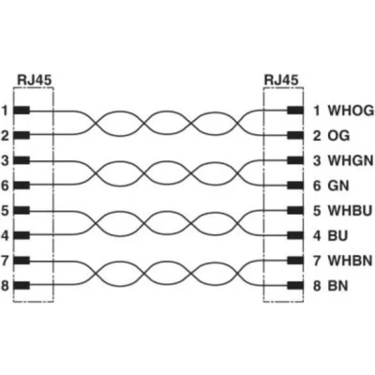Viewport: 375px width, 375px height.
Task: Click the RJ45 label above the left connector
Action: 34,80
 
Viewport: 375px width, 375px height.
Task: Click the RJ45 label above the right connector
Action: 281,80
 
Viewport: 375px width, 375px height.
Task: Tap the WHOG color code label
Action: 351,111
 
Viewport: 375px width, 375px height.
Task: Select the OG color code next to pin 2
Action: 338,136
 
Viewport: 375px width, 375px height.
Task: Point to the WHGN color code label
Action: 351,160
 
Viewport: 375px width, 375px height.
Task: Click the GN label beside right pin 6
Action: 338,186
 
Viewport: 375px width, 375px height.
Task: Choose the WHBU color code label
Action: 350,211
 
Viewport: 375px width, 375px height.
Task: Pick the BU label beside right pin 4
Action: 337,235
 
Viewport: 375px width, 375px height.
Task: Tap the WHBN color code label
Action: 350,261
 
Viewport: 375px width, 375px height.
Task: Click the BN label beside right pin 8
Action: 337,286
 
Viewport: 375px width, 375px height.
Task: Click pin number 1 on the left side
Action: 5,111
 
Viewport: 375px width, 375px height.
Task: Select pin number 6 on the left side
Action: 5,186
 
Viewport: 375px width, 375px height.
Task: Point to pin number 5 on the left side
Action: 5,211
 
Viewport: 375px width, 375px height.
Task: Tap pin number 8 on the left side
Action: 5,286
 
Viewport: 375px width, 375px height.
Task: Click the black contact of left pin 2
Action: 22,136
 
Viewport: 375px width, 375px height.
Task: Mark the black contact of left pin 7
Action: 22,261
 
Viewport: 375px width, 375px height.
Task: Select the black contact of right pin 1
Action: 295,111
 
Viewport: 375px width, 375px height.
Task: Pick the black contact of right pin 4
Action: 295,235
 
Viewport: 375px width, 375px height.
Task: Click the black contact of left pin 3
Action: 22,160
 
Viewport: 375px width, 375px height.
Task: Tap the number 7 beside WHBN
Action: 317,261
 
